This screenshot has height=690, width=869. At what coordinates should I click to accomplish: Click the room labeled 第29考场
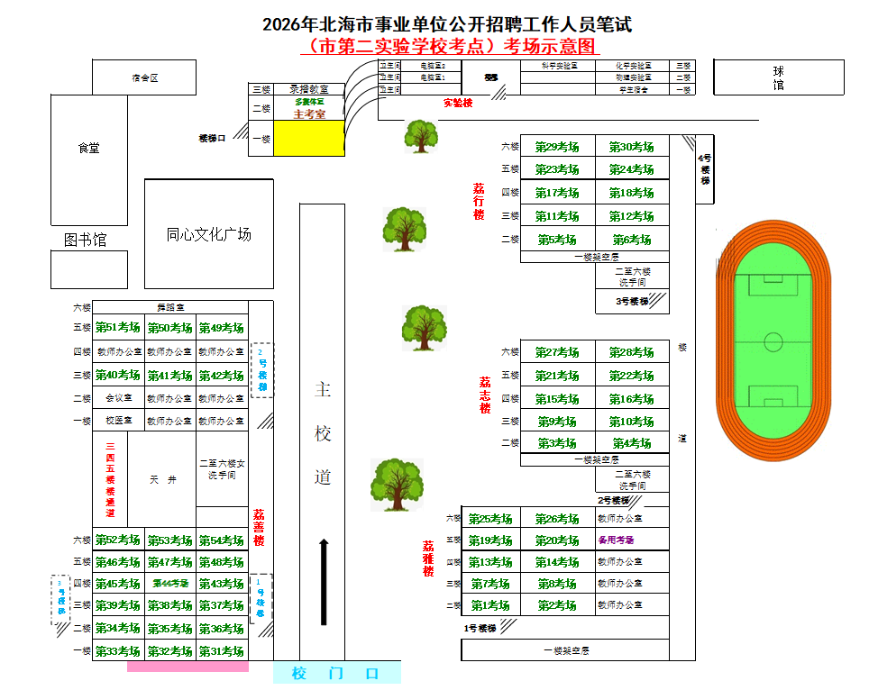[x=557, y=147]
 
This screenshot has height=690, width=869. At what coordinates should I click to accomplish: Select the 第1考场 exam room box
[x=490, y=605]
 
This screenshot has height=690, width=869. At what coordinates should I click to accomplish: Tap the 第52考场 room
[x=118, y=540]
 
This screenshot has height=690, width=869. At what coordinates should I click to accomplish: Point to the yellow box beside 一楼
[x=308, y=139]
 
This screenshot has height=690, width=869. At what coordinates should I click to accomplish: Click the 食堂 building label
[x=88, y=148]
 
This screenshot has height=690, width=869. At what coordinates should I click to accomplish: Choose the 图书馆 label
[x=86, y=240]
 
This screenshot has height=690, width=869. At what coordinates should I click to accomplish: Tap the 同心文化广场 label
[x=209, y=234]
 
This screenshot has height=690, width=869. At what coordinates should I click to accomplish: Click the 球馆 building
[x=779, y=77]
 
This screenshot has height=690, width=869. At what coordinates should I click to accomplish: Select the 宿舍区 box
[x=144, y=77]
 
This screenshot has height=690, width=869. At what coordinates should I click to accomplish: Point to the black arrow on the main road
[x=324, y=581]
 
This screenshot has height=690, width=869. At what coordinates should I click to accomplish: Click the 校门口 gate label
[x=336, y=674]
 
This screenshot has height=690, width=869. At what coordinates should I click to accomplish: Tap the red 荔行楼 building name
[x=479, y=202]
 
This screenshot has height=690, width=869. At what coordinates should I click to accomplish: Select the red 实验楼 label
[x=458, y=103]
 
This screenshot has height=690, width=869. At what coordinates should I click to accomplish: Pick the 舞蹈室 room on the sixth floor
[x=169, y=307]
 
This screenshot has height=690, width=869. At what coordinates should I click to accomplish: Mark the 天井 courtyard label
[x=163, y=480]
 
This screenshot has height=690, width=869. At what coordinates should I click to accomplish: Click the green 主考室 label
[x=309, y=114]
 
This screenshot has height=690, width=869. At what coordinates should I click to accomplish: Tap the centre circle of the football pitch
[x=773, y=341]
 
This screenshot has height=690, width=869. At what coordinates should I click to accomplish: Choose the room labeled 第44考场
[x=170, y=584]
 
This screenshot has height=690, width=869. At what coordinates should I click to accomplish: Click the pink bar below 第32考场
[x=188, y=667]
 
